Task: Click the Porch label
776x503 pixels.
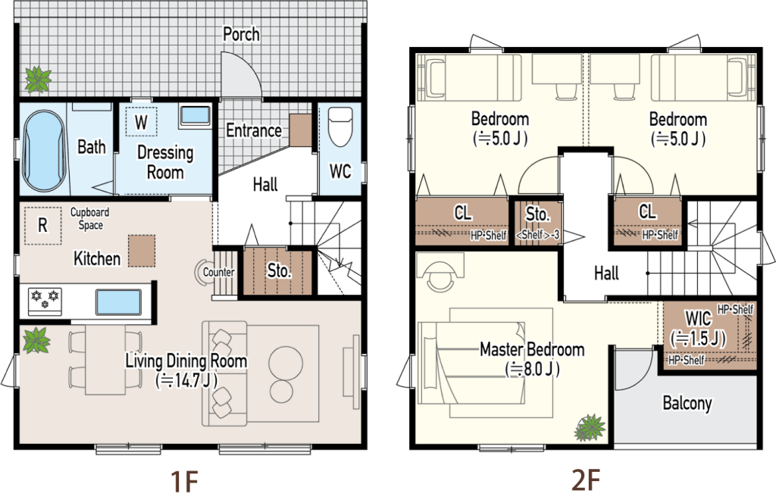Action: [x=241, y=34]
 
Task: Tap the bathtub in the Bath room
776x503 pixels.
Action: [x=44, y=150]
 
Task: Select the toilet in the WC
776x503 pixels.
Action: [x=340, y=127]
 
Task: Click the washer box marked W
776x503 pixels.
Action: [x=141, y=122]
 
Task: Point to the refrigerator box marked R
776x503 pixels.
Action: [x=43, y=226]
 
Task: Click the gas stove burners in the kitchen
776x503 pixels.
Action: [x=45, y=301]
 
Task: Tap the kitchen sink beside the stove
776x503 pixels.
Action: [x=118, y=302]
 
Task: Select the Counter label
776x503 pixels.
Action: [x=219, y=272]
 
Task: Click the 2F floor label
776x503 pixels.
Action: [x=586, y=480]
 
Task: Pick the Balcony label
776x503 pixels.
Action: [x=687, y=403]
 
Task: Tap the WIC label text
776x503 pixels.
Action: [x=698, y=317]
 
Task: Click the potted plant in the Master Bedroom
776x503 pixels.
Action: [x=590, y=427]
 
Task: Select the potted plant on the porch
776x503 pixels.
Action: [x=38, y=79]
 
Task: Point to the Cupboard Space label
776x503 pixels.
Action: [x=89, y=219]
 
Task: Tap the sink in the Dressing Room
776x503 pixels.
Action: [x=195, y=116]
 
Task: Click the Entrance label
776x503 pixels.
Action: [x=254, y=130]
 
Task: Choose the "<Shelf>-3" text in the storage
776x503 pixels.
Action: [x=537, y=235]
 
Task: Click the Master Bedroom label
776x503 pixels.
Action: [x=532, y=350]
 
